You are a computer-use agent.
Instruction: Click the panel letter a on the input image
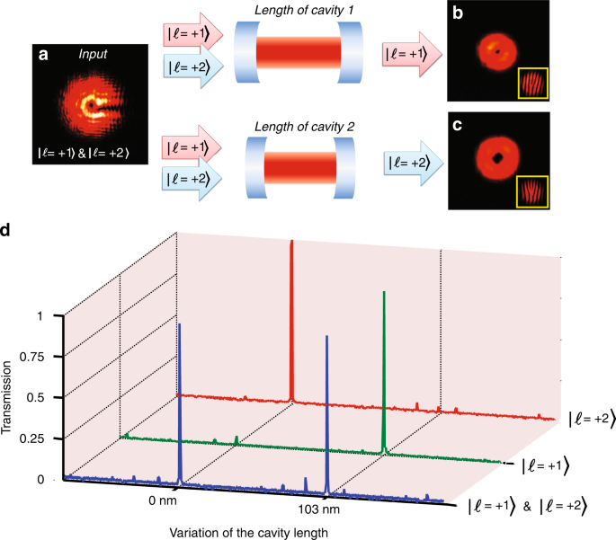coord(42,55)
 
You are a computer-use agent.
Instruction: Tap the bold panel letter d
coord(6,231)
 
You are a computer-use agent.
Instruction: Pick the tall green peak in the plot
coord(384,359)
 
